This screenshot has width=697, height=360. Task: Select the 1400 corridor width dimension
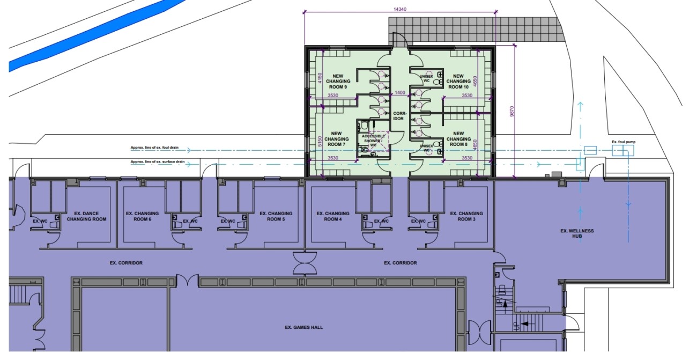(400, 93)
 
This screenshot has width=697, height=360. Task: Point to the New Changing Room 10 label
(458, 81)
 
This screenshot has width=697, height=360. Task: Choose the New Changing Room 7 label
(336, 139)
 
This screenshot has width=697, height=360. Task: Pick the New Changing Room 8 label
(458, 139)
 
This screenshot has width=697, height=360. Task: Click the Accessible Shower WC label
(374, 141)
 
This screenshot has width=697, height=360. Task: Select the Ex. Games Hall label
(304, 327)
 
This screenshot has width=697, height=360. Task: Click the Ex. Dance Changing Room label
(87, 216)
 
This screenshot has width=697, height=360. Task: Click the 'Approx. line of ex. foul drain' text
(158, 148)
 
